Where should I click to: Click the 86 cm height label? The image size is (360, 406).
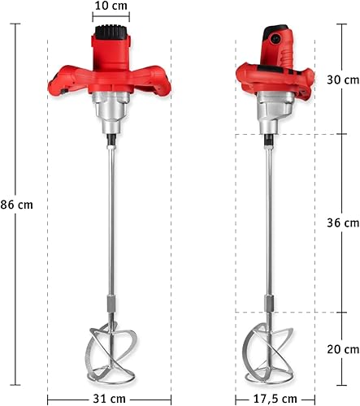tap(16, 205)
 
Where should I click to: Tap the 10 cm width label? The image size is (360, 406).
tap(111, 6)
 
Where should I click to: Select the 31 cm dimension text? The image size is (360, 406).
tap(109, 399)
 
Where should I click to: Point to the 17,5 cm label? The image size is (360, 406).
tap(275, 399)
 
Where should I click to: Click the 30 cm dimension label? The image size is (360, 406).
tap(343, 80)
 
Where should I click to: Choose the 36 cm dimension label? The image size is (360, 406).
tap(343, 222)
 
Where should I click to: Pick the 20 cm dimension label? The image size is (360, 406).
tap(343, 349)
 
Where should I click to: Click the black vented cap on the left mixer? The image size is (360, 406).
tap(111, 32)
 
